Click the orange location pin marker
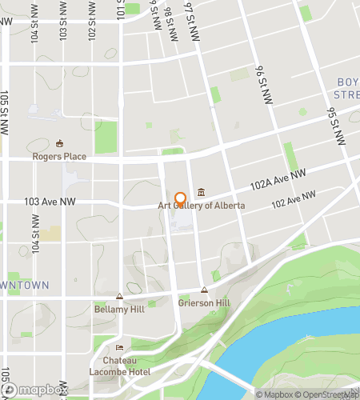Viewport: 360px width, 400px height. click(180, 198)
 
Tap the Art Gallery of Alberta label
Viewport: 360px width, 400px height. click(201, 206)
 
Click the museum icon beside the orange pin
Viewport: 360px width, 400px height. click(199, 192)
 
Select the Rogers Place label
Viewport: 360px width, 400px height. click(59, 157)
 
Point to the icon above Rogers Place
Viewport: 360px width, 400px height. click(59, 144)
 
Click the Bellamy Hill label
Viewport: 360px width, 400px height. click(118, 308)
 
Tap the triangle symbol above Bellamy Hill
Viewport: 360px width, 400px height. click(119, 296)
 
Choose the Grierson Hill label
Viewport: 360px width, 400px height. click(204, 303)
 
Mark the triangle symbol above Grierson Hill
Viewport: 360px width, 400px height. click(204, 290)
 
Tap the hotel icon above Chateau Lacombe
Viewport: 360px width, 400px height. click(119, 348)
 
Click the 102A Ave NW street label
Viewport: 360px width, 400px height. click(277, 179)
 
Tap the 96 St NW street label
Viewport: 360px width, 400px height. click(262, 83)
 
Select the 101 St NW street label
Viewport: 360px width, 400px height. click(120, 10)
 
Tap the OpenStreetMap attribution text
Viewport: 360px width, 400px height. click(328, 394)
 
